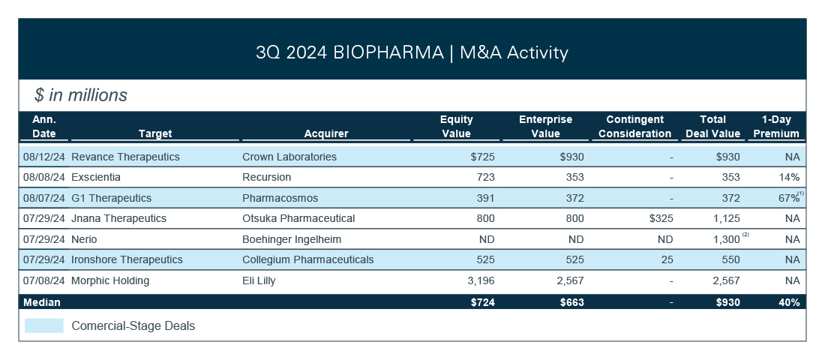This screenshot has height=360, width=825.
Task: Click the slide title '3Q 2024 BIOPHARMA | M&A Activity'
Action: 412,52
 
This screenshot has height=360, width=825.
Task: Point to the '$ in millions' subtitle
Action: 81,95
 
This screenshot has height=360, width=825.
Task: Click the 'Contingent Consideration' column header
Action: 634,126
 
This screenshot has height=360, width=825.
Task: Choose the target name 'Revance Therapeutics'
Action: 125,157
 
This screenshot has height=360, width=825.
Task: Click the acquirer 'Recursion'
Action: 266,177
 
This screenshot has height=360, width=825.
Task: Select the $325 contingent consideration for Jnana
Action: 659,218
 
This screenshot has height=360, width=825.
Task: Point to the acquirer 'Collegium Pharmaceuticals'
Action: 307,259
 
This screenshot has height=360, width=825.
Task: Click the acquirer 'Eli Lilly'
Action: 260,280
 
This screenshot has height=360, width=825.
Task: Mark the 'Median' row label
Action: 42,302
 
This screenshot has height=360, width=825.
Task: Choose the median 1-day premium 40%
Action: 789,302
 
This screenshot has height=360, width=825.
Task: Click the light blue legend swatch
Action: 44,326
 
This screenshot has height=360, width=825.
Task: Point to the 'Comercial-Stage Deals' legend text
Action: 133,326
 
